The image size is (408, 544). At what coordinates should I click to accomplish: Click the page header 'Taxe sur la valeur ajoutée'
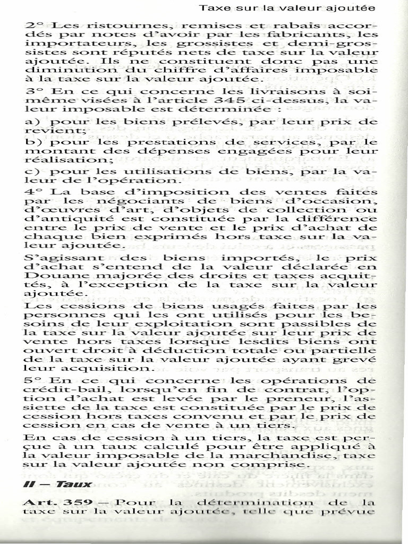pos(287,8)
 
